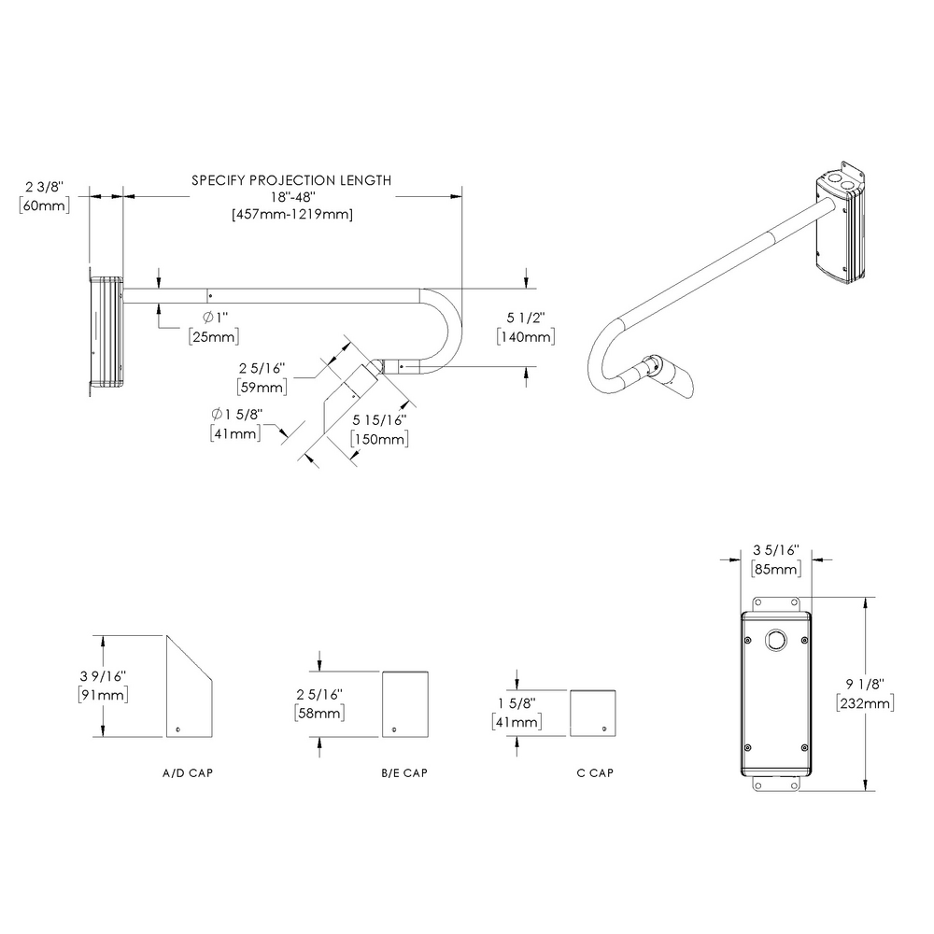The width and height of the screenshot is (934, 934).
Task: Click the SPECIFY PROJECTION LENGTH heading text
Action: (x=291, y=180)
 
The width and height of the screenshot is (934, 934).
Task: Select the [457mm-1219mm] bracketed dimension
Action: (x=291, y=214)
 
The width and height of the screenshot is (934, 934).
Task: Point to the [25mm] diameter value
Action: (x=213, y=335)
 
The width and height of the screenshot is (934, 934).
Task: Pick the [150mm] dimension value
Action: (x=378, y=440)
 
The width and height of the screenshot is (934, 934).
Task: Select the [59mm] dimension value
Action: (x=262, y=386)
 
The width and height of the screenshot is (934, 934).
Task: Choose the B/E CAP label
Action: (x=404, y=773)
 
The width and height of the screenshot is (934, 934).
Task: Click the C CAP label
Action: (x=594, y=773)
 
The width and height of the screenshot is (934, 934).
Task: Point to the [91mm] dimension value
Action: (x=103, y=695)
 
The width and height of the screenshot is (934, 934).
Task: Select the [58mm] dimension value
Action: (x=318, y=713)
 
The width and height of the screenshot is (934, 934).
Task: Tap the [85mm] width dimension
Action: (x=775, y=569)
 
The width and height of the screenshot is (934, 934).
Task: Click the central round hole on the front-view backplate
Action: (x=775, y=640)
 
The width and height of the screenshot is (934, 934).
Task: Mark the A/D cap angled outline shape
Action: (x=190, y=688)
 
